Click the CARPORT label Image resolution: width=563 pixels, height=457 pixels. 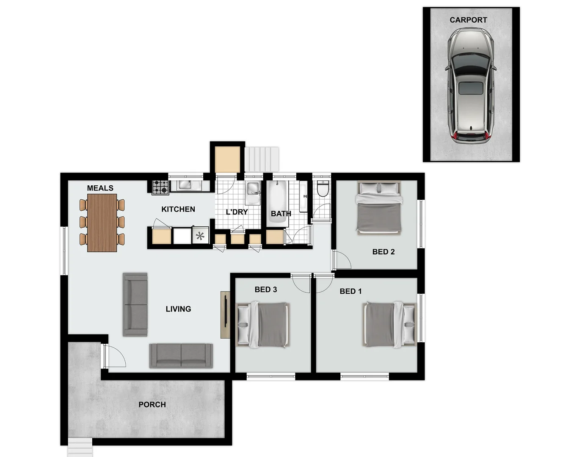pyautogui.click(x=468, y=20)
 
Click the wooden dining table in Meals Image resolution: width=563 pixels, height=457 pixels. pyautogui.click(x=102, y=223)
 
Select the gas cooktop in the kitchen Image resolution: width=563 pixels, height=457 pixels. pyautogui.click(x=160, y=187)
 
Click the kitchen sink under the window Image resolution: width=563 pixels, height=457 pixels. pyautogui.click(x=185, y=185)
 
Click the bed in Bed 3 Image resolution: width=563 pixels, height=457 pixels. pyautogui.click(x=263, y=325)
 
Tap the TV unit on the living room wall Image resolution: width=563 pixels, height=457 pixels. pyautogui.click(x=225, y=314)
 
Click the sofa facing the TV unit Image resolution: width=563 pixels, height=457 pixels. pyautogui.click(x=135, y=304)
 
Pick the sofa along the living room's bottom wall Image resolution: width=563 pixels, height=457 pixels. pyautogui.click(x=181, y=355)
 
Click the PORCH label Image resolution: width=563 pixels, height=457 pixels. pyautogui.click(x=152, y=405)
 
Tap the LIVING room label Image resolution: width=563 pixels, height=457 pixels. pyautogui.click(x=178, y=309)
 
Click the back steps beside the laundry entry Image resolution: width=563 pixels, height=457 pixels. pyautogui.click(x=262, y=159)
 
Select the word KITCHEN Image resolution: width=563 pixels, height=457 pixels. pyautogui.click(x=178, y=209)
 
